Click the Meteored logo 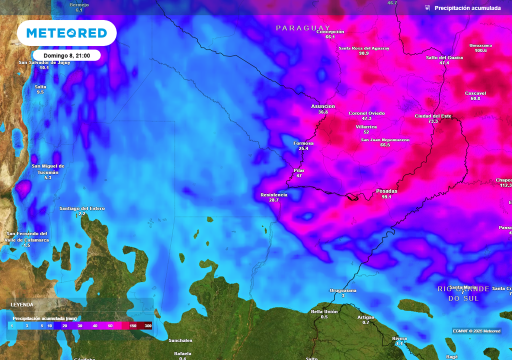(x=66, y=33)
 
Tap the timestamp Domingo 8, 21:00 (x=66, y=55)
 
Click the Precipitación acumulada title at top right (x=467, y=8)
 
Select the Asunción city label (x=323, y=106)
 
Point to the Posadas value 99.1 (x=386, y=197)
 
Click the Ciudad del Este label (x=433, y=116)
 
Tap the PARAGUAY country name (x=303, y=28)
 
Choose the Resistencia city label (x=274, y=194)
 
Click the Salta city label (x=40, y=86)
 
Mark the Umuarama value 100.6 (x=480, y=50)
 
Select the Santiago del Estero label (x=82, y=208)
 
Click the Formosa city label (x=303, y=143)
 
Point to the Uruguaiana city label (x=343, y=290)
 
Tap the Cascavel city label (x=475, y=93)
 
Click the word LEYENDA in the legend (x=22, y=304)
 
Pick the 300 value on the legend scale (x=148, y=326)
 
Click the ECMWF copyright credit (x=476, y=331)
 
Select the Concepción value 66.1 (x=330, y=37)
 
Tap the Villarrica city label (x=366, y=127)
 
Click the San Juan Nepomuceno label (x=385, y=140)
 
